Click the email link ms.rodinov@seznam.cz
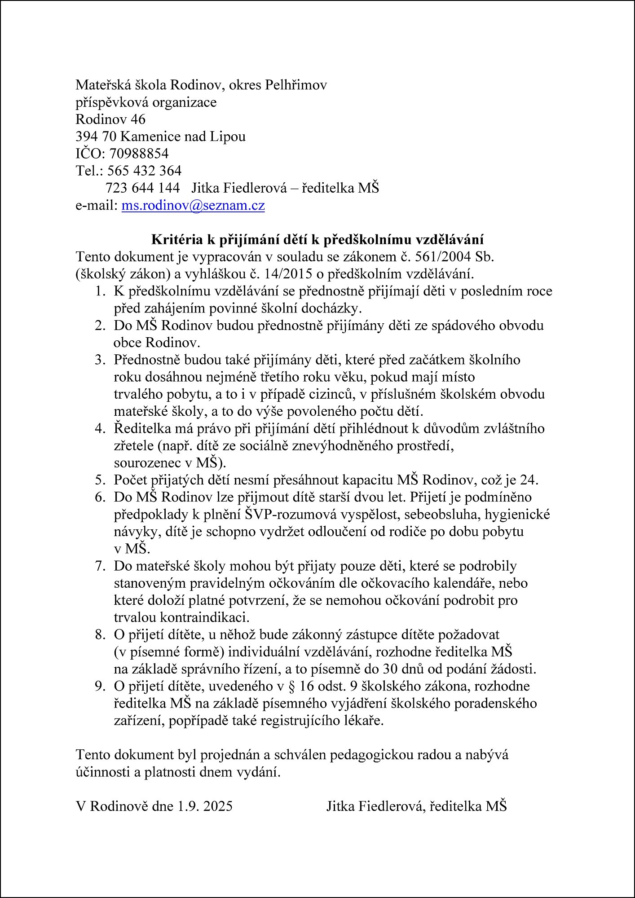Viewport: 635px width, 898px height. pyautogui.click(x=193, y=205)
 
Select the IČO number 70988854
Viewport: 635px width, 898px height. pyautogui.click(x=139, y=154)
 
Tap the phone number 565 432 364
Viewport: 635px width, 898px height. pyautogui.click(x=144, y=171)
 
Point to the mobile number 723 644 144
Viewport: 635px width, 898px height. pyautogui.click(x=142, y=188)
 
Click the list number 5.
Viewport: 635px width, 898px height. pyautogui.click(x=99, y=480)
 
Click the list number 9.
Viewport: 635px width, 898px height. pyautogui.click(x=99, y=686)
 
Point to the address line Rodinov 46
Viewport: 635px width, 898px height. pyautogui.click(x=110, y=119)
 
